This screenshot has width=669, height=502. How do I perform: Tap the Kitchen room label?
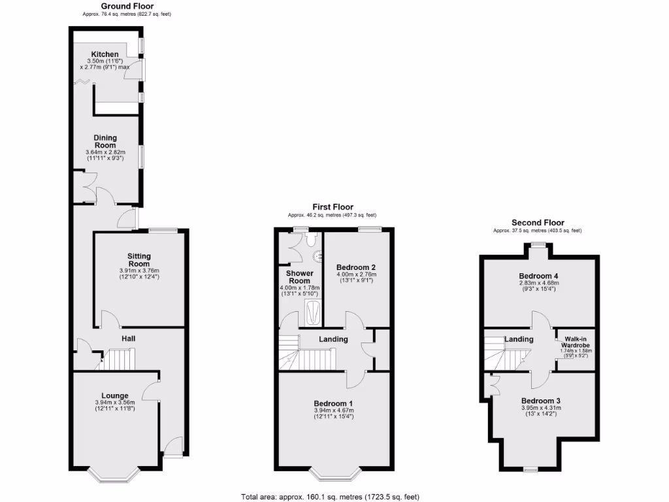tap(105, 54)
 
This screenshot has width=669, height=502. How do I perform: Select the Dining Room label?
tap(105, 141)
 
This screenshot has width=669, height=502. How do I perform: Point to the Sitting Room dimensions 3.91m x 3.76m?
tap(139, 271)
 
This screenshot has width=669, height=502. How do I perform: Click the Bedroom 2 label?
tap(355, 267)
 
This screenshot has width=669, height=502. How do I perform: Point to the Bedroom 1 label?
tap(333, 403)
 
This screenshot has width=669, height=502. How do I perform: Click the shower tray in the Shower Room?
tap(314, 313)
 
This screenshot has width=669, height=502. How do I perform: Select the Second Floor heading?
tap(538, 223)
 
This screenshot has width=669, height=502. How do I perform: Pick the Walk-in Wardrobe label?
tap(576, 343)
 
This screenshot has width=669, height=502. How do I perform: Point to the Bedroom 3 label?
tap(541, 401)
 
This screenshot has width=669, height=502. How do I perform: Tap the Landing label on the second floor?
tap(519, 339)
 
